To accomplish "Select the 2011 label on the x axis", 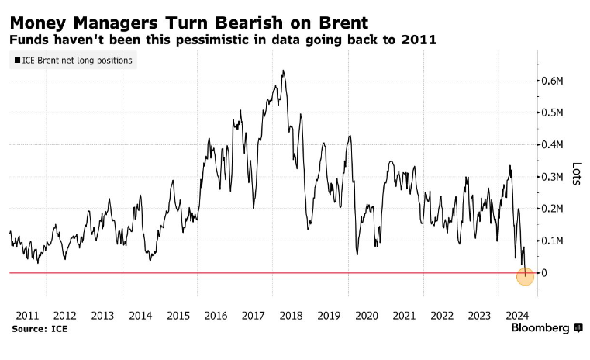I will pyautogui.click(x=27, y=316).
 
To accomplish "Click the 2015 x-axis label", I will pyautogui.click(x=178, y=316).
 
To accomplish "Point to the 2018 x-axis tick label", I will pyautogui.click(x=292, y=316).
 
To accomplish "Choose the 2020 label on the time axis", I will pyautogui.click(x=367, y=316).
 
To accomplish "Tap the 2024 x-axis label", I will pyautogui.click(x=518, y=316).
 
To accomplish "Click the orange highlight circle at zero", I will pyautogui.click(x=526, y=275).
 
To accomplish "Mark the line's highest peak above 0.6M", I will pyautogui.click(x=283, y=71).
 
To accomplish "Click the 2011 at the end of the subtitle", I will pyautogui.click(x=418, y=40).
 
